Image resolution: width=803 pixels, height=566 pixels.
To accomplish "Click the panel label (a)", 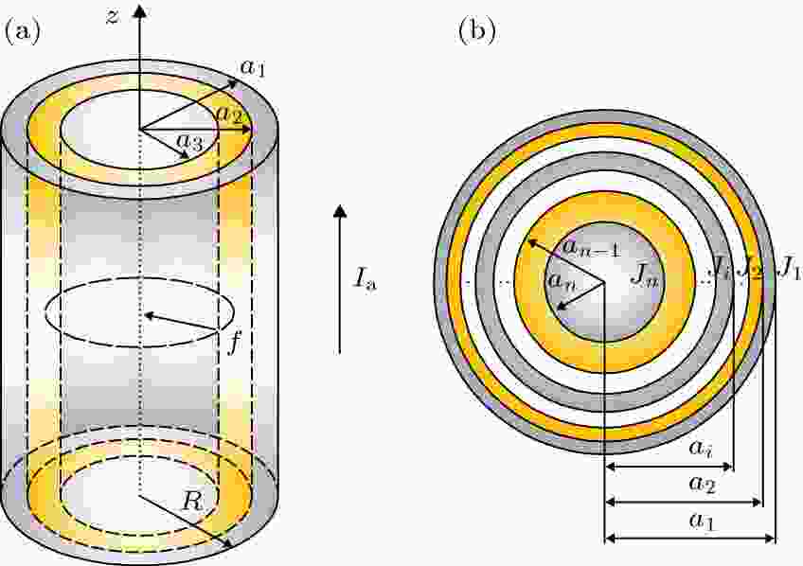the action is [x=22, y=32].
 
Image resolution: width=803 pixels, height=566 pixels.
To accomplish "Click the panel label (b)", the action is [x=477, y=32].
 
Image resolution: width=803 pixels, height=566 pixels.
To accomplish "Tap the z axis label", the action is [x=113, y=16].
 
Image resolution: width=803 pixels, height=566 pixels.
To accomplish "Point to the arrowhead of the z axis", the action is [x=140, y=11].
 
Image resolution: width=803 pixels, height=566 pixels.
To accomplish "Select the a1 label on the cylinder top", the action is [x=253, y=67].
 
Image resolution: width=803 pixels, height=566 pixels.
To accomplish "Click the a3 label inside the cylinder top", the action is [x=189, y=142].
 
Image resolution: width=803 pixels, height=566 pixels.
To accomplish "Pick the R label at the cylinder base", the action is [x=192, y=502].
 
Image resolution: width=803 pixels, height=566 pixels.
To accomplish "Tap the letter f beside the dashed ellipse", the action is [x=233, y=343].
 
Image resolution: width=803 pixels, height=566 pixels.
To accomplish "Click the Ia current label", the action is [x=365, y=279].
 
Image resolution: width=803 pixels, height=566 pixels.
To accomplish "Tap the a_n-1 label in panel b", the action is [x=592, y=248].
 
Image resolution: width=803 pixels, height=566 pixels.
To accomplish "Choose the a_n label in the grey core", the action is [x=562, y=280].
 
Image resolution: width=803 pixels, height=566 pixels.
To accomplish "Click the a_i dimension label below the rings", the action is [x=699, y=449].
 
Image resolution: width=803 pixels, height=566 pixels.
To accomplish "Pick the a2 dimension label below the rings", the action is [x=702, y=484].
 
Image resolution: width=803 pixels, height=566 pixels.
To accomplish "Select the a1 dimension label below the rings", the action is [x=702, y=520].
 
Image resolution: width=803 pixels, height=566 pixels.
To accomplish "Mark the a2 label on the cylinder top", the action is [x=229, y=115].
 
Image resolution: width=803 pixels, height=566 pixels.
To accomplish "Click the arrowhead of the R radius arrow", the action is [x=228, y=543].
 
